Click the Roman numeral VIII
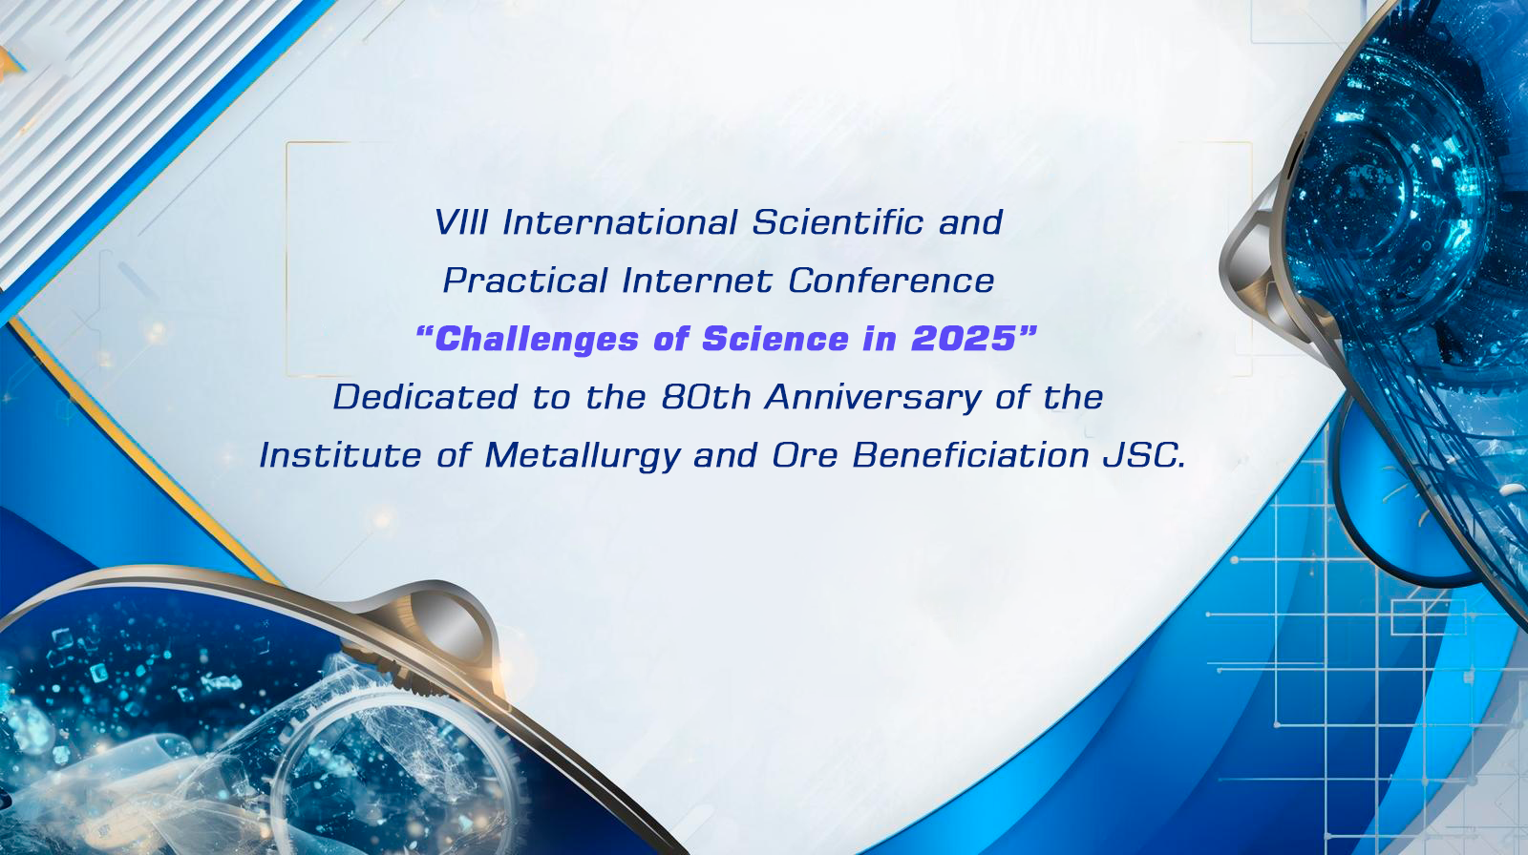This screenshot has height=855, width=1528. (x=461, y=222)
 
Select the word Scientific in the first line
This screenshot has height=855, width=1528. (x=838, y=222)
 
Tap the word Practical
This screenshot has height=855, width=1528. (x=525, y=281)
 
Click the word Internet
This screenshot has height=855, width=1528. (x=697, y=281)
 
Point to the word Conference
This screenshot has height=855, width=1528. (x=891, y=281)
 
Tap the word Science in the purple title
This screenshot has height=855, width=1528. (x=775, y=339)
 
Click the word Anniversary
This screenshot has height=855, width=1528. (x=873, y=398)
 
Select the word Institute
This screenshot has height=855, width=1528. (x=340, y=455)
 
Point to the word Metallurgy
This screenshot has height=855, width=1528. (x=584, y=456)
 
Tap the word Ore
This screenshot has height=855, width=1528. (x=805, y=455)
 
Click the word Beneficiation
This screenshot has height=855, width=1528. (x=970, y=455)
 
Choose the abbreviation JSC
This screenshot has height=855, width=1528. (x=1144, y=455)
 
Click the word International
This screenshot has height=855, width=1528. (x=620, y=222)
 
